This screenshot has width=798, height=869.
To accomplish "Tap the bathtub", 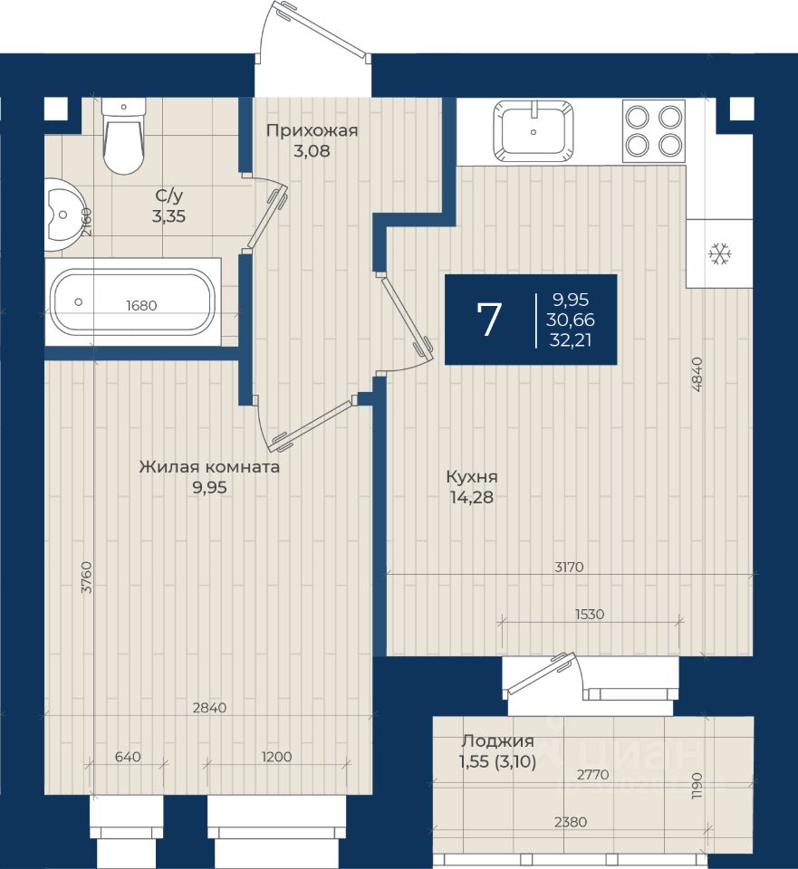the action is pos(132,302).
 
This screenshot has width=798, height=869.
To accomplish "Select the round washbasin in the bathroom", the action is pos(62,214).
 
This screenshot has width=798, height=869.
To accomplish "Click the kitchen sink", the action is pos(534,130).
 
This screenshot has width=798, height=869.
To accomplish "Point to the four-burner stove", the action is pos(654,130).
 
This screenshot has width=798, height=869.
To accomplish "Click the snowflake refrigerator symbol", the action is pos(720,254).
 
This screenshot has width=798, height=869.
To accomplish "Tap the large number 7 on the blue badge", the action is pos(489,320).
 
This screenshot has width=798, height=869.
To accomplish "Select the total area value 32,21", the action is pos(570,339).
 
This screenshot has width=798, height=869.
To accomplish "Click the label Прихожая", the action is pos(312,130).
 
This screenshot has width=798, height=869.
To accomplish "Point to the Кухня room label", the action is pos(472,477).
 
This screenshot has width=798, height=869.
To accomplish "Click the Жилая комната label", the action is pos(209,467).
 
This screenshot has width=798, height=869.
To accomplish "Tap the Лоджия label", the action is pos(497,741).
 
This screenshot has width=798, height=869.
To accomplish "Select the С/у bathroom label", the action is pos(169,196).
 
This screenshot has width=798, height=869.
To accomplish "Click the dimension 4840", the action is pos(697,375).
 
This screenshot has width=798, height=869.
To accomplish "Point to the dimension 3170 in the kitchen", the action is pos(569,567).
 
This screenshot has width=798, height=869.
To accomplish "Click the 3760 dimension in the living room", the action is pos(87,578).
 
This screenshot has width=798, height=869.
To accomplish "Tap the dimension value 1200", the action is pos(276,757).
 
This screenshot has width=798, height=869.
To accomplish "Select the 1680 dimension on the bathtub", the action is pos(141,305).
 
